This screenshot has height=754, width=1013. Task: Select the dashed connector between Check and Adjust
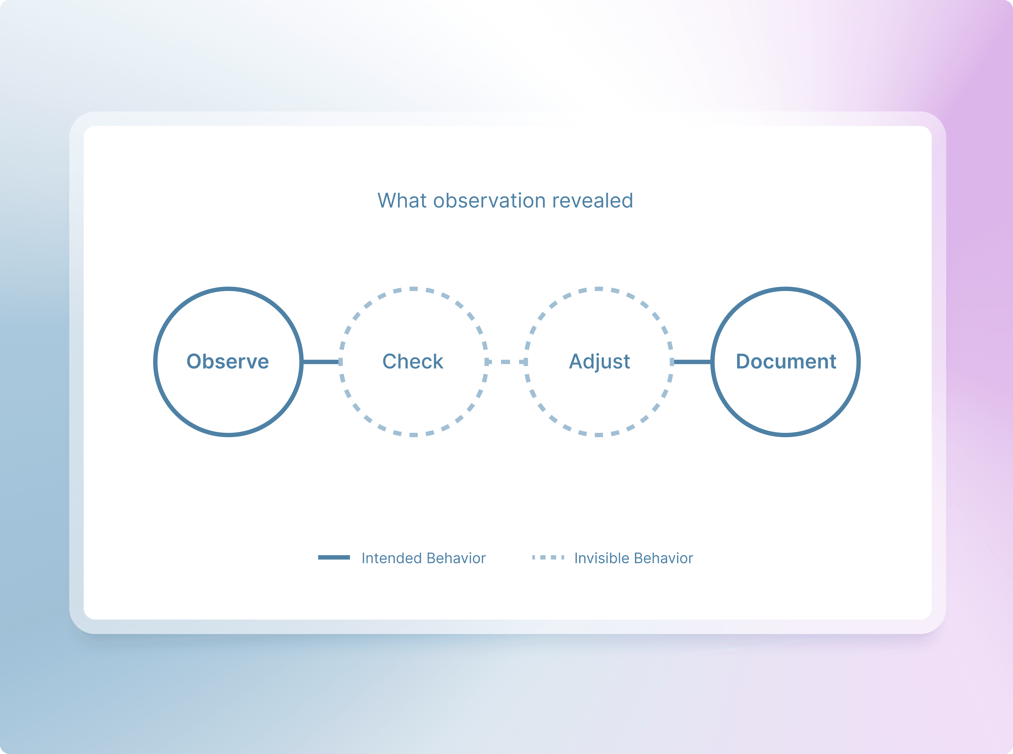(x=506, y=362)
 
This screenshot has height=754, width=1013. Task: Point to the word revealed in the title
(x=593, y=200)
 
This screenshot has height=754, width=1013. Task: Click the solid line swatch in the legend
(x=334, y=557)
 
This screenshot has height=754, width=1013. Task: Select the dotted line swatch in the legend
(x=548, y=557)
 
